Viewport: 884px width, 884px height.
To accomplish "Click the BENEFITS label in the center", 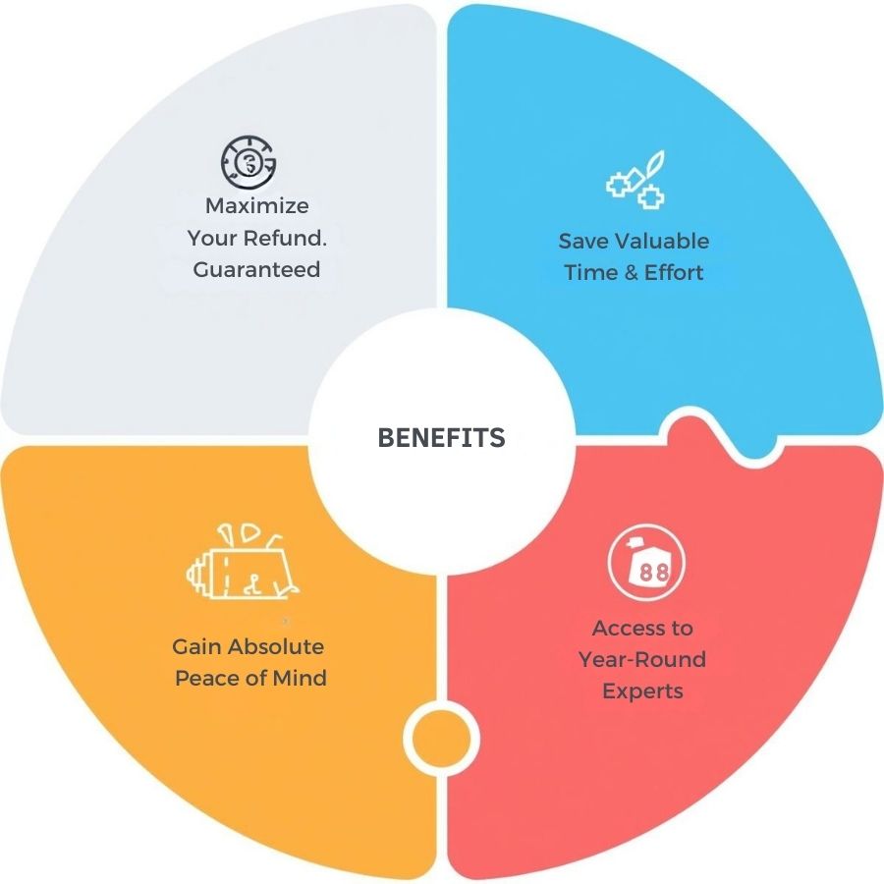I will pos(441,438).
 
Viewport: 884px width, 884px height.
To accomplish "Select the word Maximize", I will pos(256,206).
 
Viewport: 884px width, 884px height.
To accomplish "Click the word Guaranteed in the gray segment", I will pos(256,269).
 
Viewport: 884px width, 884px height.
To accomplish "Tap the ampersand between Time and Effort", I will pos(631,273).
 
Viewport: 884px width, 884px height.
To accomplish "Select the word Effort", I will pos(675,273).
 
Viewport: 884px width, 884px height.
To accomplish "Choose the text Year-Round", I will pos(642,659).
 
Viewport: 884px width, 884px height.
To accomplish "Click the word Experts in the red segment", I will pos(642,691).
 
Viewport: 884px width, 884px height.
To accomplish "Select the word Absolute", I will pos(276,647).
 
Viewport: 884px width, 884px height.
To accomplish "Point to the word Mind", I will pos(302,679).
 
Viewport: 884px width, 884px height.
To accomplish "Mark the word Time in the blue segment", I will pos(589,273).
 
